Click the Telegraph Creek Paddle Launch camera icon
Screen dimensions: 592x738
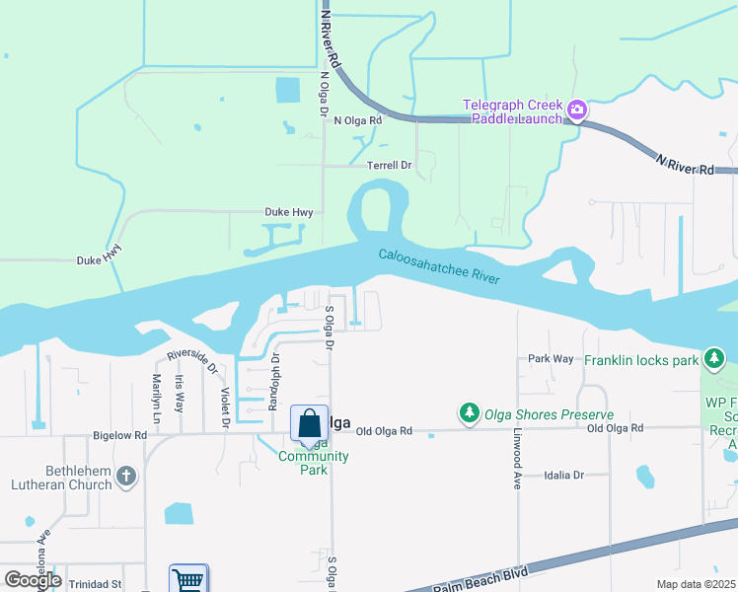click(578, 110)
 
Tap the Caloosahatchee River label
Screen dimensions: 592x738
click(439, 268)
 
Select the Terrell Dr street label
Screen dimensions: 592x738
click(389, 166)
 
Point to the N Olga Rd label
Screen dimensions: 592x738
click(363, 120)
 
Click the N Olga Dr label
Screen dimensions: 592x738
click(323, 94)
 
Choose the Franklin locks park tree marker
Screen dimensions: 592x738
click(714, 357)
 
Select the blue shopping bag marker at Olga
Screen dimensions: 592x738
click(309, 423)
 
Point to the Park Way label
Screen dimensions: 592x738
click(551, 358)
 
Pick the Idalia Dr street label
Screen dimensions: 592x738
click(563, 475)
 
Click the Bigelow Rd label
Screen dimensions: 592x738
click(120, 434)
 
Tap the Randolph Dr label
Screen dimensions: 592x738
click(275, 381)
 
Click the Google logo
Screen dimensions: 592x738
click(33, 579)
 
